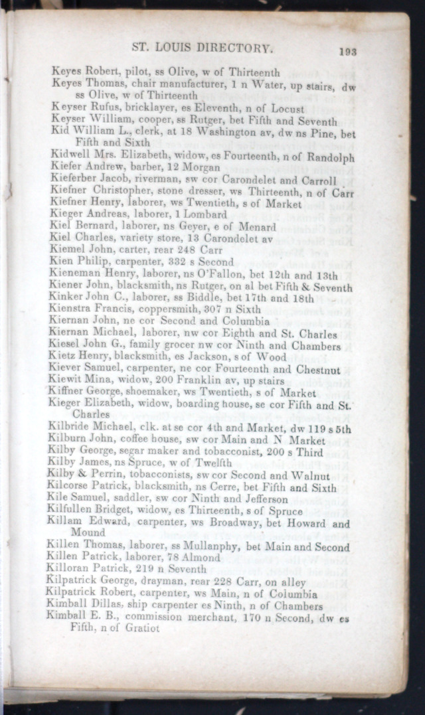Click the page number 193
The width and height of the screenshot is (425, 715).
pos(347,50)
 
